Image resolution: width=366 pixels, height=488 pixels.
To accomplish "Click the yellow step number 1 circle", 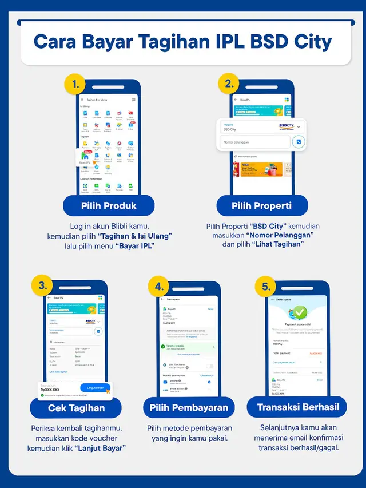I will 75,85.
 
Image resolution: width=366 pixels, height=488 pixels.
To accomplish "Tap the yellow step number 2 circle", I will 229,84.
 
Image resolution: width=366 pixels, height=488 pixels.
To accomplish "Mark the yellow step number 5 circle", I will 266,286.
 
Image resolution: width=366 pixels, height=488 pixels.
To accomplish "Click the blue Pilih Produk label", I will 108,205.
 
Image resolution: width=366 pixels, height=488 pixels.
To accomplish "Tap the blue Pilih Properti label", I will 261,205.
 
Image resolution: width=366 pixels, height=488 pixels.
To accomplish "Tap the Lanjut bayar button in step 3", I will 95,387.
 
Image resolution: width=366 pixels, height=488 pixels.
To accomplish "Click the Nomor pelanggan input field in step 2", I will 254,141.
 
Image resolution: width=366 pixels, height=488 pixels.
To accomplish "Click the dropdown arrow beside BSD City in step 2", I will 298,127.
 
